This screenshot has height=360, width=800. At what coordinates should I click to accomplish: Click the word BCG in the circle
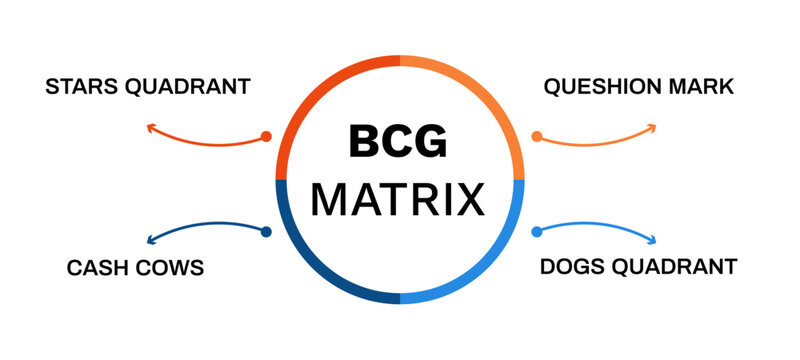point(398,143)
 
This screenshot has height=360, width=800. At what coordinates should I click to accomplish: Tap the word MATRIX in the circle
point(398,199)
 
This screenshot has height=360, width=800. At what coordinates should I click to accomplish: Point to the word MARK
point(704,87)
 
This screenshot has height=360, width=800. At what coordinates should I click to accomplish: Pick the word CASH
point(98,267)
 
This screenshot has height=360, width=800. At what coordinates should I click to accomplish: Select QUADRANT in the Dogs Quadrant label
point(680,267)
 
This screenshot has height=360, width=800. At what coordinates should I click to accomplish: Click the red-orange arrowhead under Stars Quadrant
point(151,128)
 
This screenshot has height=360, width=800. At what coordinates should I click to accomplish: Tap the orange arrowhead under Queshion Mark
point(651,128)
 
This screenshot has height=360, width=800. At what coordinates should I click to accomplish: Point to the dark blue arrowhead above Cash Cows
point(151,239)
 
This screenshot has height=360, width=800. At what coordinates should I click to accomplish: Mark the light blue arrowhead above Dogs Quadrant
point(651,239)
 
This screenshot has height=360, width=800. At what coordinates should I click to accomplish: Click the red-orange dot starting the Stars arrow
point(265,136)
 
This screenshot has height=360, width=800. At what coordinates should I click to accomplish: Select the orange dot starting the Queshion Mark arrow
point(536,136)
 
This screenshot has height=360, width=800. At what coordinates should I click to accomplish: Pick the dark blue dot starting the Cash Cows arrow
point(265,232)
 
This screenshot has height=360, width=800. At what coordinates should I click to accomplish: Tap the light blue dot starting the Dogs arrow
point(536,232)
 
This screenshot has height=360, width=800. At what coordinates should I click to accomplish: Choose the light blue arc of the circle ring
point(489,270)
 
